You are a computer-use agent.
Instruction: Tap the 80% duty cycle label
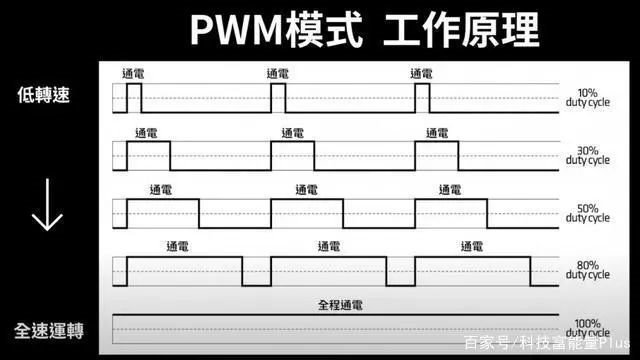pos(587,270)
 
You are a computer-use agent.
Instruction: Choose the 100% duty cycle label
pos(587,328)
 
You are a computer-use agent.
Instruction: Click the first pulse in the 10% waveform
pos(133,98)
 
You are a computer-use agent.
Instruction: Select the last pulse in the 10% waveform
pos(422,98)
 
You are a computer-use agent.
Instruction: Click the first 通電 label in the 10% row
pos(132,74)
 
